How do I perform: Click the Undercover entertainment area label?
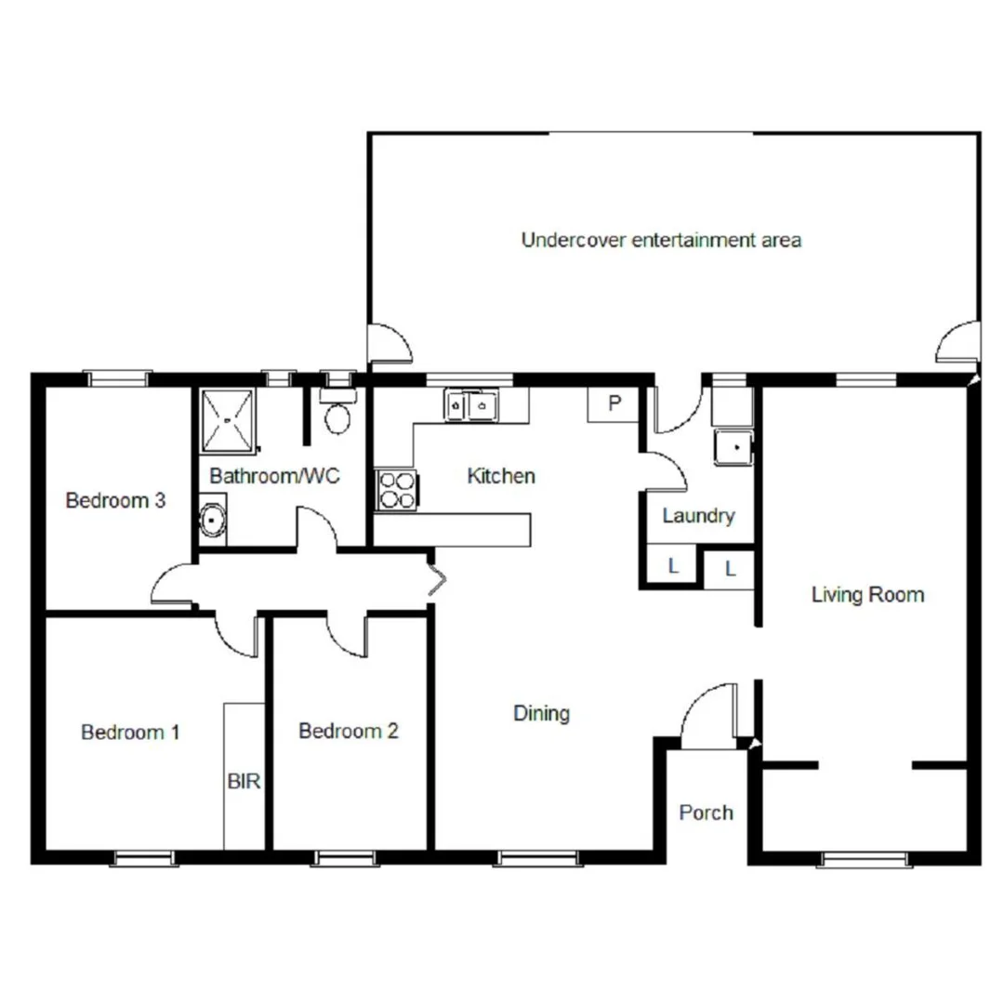[661, 240]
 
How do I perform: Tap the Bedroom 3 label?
[115, 500]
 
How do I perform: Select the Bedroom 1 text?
[130, 732]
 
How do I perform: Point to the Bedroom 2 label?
[349, 731]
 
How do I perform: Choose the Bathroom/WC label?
[274, 476]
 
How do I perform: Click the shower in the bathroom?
[226, 418]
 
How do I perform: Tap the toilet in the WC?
[337, 413]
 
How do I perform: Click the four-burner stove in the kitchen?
[397, 491]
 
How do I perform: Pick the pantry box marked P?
[614, 404]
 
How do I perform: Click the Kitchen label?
[501, 476]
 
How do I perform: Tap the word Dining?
[541, 713]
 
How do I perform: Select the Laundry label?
[698, 515]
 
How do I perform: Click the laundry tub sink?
[733, 447]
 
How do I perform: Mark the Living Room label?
[867, 594]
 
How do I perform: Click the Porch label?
[706, 812]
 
